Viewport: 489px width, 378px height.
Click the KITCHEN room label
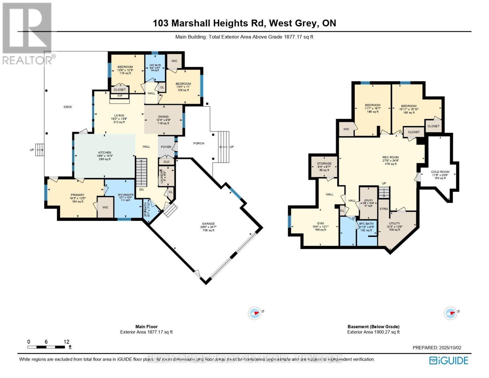point(105,152)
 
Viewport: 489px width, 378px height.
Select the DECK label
point(68,107)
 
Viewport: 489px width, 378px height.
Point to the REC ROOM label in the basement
point(390,157)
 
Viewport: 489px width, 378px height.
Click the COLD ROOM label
point(440,172)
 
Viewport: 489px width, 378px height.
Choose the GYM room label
point(320,223)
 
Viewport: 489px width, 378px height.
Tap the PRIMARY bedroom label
point(77,195)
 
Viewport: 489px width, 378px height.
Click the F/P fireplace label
point(120,96)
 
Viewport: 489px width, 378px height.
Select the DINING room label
point(163,117)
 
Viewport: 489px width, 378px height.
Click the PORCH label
point(199,143)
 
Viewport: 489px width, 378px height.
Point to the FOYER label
point(166,147)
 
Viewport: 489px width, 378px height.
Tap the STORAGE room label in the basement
point(324,163)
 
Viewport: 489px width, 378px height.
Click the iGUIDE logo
point(449,360)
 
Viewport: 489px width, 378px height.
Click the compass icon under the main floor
point(254,313)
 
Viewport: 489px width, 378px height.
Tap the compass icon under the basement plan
point(450,313)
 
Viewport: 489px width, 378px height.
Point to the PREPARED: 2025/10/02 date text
point(437,348)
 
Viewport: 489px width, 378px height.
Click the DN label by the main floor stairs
point(141,190)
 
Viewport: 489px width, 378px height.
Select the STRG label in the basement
point(384,209)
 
